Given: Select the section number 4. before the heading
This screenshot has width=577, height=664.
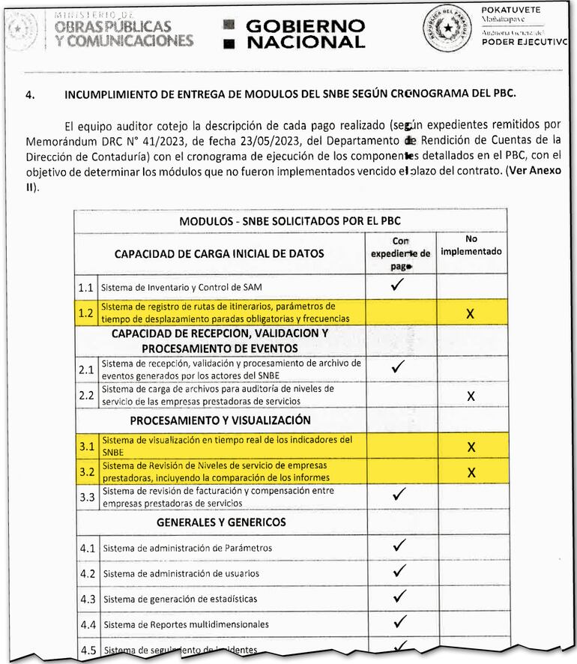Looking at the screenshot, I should [x=31, y=95].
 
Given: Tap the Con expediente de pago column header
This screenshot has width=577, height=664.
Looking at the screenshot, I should [x=400, y=253].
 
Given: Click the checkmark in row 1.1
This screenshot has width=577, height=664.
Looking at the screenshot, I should [x=399, y=285].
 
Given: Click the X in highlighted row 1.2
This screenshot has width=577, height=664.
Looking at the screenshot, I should [x=470, y=313].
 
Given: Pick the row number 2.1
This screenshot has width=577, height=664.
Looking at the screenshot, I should [x=86, y=369].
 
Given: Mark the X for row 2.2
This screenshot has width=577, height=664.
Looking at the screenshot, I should [x=470, y=396].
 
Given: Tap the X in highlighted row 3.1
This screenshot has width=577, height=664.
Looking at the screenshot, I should [x=471, y=447].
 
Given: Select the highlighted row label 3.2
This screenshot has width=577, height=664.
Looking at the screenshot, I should [x=86, y=472].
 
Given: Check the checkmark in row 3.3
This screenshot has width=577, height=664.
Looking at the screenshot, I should [x=399, y=495].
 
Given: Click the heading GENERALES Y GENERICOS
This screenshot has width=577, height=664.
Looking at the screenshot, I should [x=221, y=522].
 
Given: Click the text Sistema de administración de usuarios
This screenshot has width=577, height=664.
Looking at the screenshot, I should [x=182, y=573].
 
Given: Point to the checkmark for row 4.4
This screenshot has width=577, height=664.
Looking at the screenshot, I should [x=399, y=622].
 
